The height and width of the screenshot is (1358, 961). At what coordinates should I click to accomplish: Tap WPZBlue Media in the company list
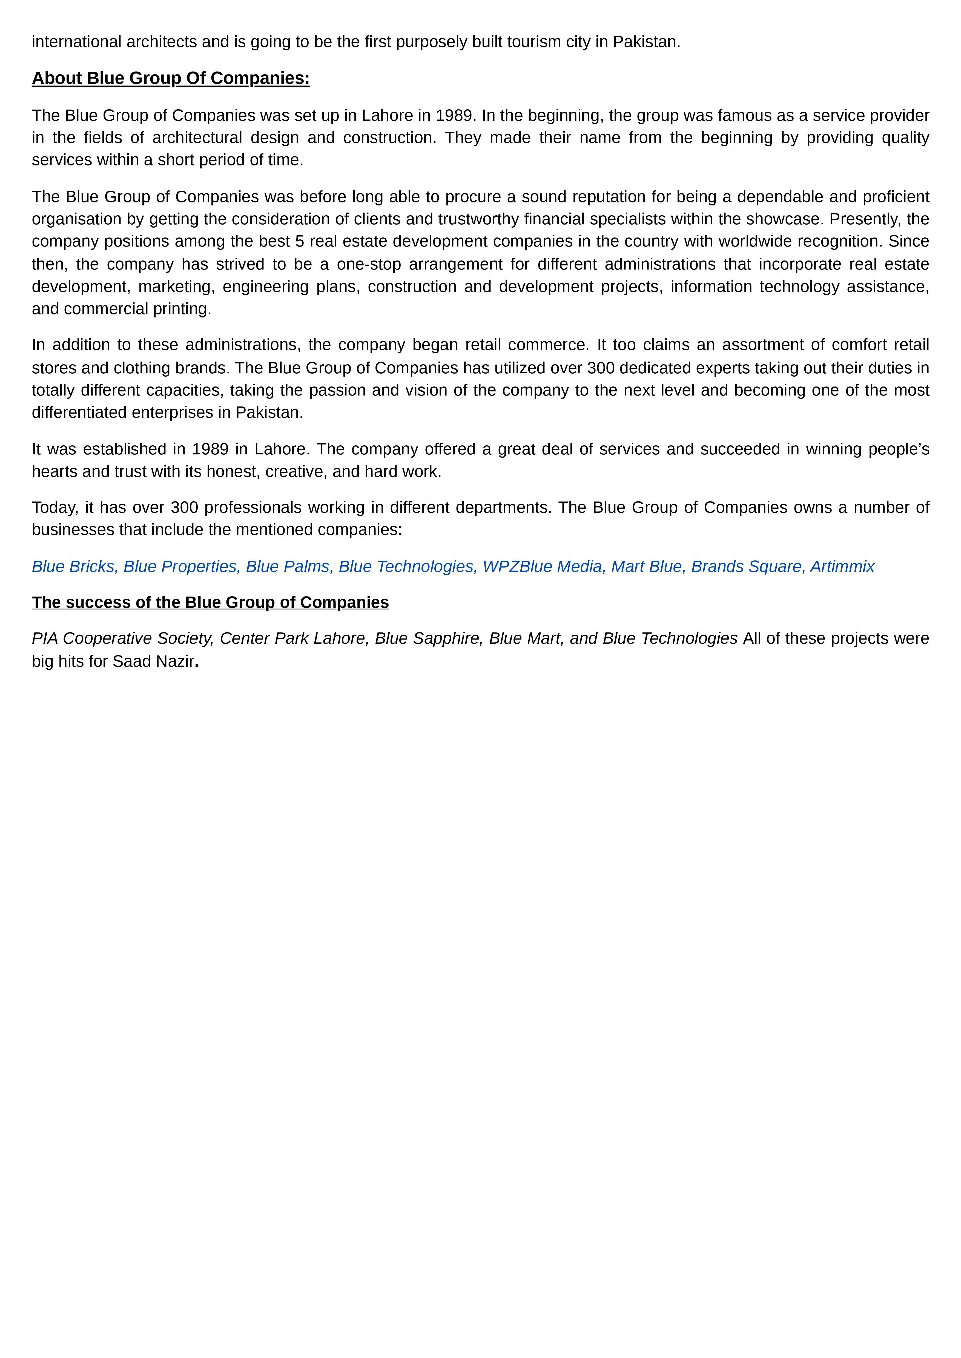(x=542, y=567)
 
